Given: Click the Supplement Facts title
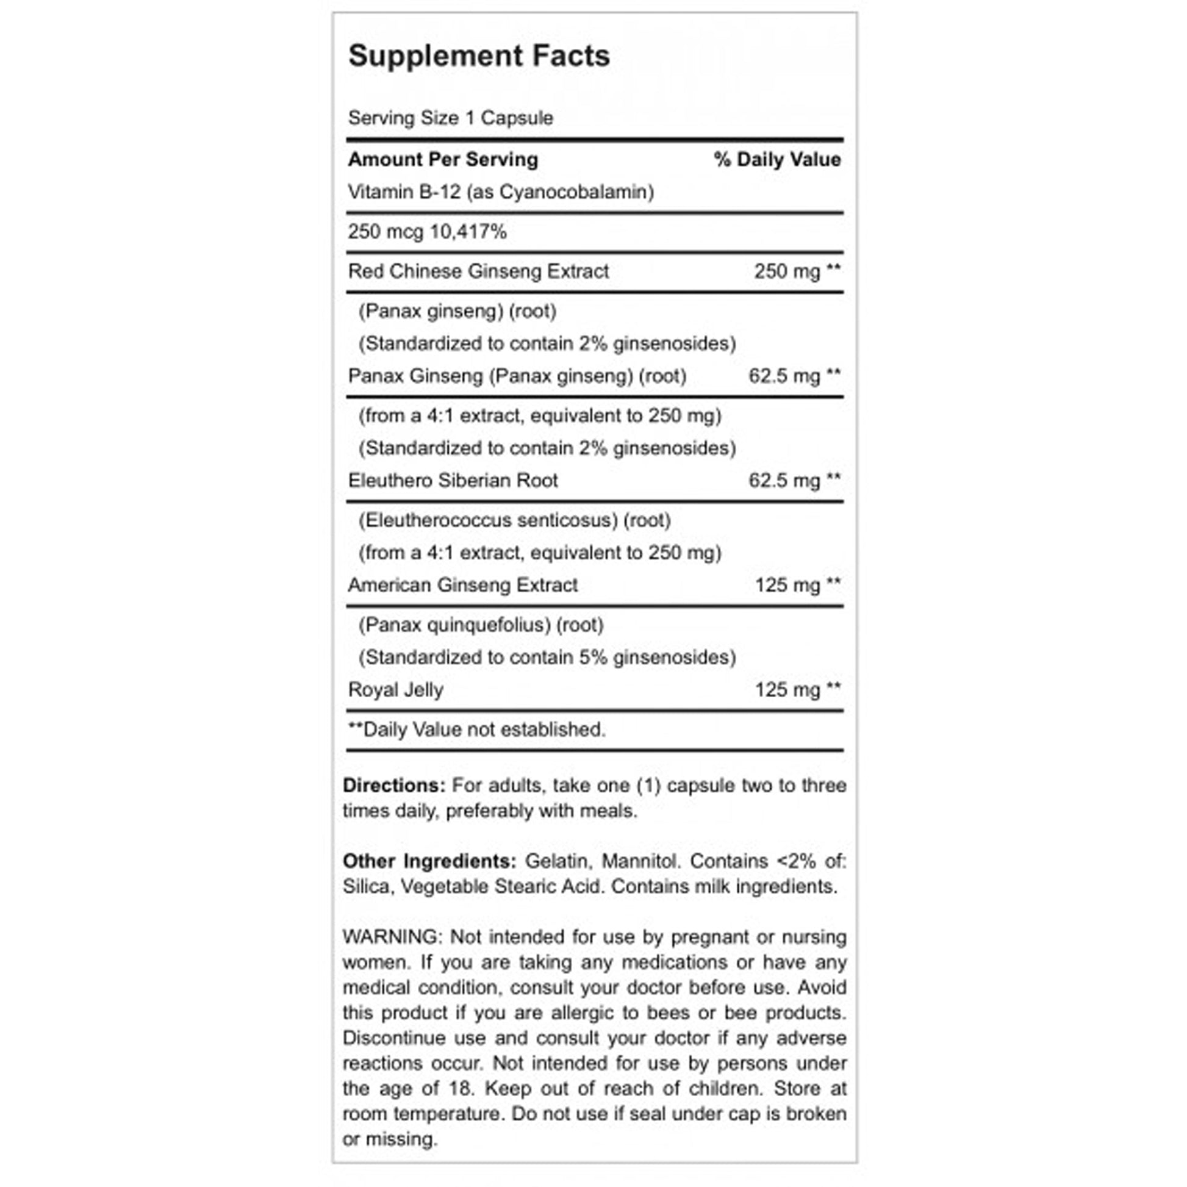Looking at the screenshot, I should [x=479, y=56].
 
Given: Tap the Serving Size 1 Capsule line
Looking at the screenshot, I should [x=450, y=117].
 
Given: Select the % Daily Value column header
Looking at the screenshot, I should [x=776, y=159].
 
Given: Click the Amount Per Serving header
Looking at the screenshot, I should [x=443, y=159].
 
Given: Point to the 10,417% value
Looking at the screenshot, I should [x=468, y=232].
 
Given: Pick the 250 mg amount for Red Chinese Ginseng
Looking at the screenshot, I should [x=787, y=271].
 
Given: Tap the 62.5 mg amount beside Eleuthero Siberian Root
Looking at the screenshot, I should [x=784, y=480].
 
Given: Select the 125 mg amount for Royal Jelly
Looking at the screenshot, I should [x=787, y=689].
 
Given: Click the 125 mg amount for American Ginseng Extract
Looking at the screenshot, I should [x=787, y=584].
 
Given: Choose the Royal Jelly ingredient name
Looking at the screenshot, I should [x=396, y=689].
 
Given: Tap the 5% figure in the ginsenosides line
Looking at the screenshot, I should [x=593, y=658].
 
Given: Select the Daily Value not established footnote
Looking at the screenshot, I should [x=477, y=730].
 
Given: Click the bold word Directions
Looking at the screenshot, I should [x=393, y=785].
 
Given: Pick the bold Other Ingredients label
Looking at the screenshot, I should [x=429, y=861].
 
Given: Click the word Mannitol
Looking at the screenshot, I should [x=640, y=861].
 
